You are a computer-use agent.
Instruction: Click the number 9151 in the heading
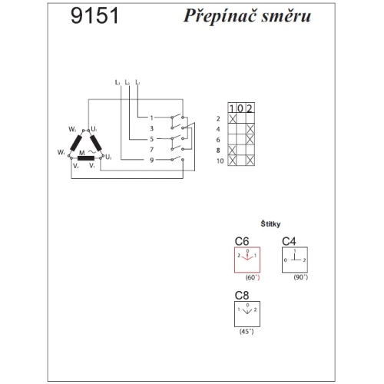point(94,18)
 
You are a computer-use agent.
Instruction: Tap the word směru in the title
point(283,18)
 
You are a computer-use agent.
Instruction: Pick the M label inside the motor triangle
point(81,153)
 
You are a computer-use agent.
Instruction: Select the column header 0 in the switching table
point(241,108)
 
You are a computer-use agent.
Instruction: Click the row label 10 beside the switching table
point(220,162)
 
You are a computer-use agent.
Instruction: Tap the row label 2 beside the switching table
point(220,119)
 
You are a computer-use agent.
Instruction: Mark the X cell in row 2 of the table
point(233,119)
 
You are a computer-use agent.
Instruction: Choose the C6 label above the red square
point(242,241)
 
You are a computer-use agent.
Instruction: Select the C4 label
point(289,241)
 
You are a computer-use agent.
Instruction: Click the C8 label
point(242,294)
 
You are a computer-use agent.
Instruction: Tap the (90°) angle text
point(301,277)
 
